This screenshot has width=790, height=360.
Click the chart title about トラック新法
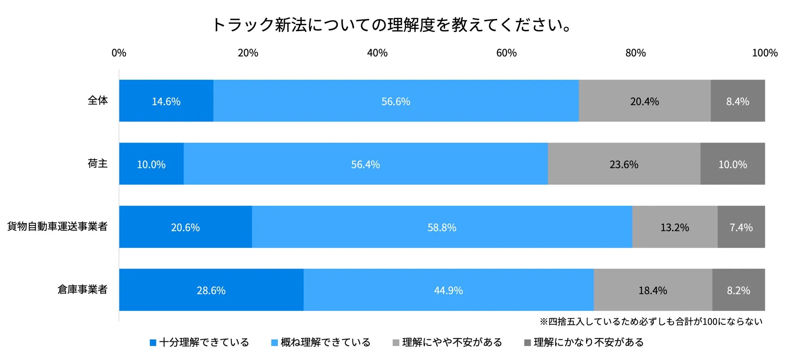tap(391, 25)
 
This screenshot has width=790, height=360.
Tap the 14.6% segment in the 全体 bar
tap(166, 101)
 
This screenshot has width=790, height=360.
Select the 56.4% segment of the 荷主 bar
tap(365, 164)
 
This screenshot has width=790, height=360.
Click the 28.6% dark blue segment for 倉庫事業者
tap(211, 290)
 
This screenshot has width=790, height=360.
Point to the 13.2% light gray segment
tap(675, 227)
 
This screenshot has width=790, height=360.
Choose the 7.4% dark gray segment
tap(741, 227)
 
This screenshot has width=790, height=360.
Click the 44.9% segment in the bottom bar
tap(448, 290)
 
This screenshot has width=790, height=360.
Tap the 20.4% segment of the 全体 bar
tap(644, 101)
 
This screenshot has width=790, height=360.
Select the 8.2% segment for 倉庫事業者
tap(738, 290)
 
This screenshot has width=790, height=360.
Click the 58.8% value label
tap(442, 228)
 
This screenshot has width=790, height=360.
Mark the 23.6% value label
tap(624, 164)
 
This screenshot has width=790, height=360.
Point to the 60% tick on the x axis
tap(506, 53)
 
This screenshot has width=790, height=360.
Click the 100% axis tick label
tap(764, 53)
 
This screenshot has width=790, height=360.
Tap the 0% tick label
tap(119, 53)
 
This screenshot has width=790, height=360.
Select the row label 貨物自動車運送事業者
tap(57, 226)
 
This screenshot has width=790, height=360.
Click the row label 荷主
tap(98, 164)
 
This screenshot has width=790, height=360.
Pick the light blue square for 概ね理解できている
tap(275, 343)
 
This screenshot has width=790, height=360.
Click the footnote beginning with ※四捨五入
tap(651, 322)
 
